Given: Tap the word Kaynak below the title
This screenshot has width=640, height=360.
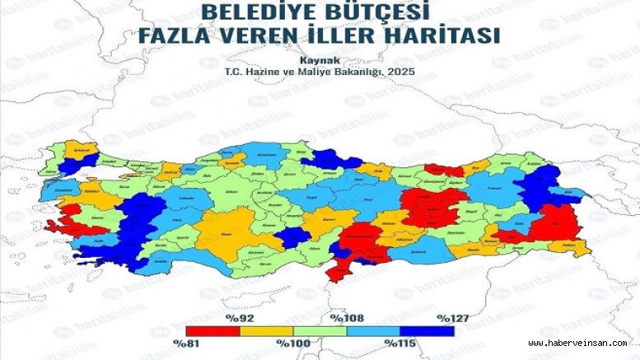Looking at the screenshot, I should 319,61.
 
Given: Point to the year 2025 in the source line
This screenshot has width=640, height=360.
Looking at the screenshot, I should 402,72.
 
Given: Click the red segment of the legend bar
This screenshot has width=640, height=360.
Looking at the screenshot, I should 213,330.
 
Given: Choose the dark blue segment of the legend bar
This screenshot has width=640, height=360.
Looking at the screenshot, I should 427,330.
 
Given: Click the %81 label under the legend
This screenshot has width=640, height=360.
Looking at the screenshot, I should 186,343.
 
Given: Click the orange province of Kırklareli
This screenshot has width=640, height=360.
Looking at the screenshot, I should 82,151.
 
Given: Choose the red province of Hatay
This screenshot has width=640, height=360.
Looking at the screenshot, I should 339,268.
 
